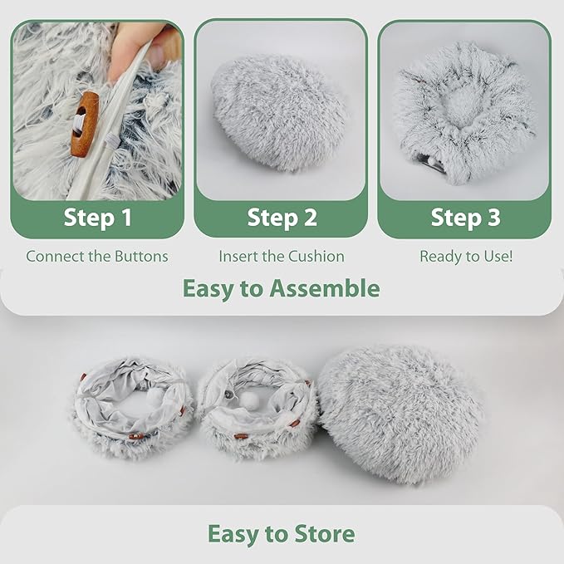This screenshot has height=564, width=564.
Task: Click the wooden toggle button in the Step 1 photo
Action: tap(84, 124)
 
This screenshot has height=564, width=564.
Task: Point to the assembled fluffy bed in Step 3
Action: tap(464, 111)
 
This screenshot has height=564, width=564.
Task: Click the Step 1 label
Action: tap(97, 218)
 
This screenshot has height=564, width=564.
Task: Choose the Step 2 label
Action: tap(282, 218)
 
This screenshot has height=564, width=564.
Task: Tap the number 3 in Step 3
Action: tap(494, 217)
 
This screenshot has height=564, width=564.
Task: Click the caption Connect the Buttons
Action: tap(97, 257)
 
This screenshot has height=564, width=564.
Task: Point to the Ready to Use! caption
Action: tap(466, 257)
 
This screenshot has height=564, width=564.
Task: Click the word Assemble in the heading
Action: tap(325, 288)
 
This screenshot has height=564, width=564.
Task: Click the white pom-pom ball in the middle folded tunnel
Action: tap(250, 400)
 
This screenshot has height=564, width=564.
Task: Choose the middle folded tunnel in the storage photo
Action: tap(257, 408)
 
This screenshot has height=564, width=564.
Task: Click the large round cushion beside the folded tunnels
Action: tap(400, 414)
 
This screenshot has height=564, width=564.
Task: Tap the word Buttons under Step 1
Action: tap(141, 257)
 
